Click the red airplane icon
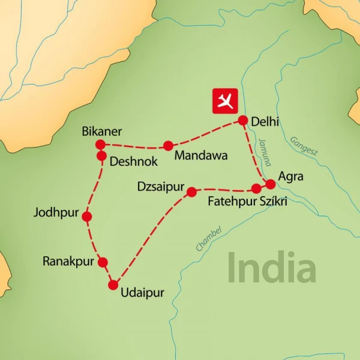coord(226,101)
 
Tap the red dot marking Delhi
coord(243,120)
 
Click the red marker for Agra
coord(271,184)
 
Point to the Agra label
coord(292,177)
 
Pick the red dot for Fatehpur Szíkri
coord(256,188)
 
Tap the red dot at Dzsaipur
coord(192,192)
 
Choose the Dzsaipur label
coord(161,187)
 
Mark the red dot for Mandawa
coord(168,145)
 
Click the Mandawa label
coord(200,156)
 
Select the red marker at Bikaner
coord(100,144)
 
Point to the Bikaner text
coord(102,131)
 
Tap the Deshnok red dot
coord(101,155)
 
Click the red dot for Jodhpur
coord(87,217)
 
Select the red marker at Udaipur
coord(113,285)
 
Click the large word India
coord(271,268)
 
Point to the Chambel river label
coord(208,238)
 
